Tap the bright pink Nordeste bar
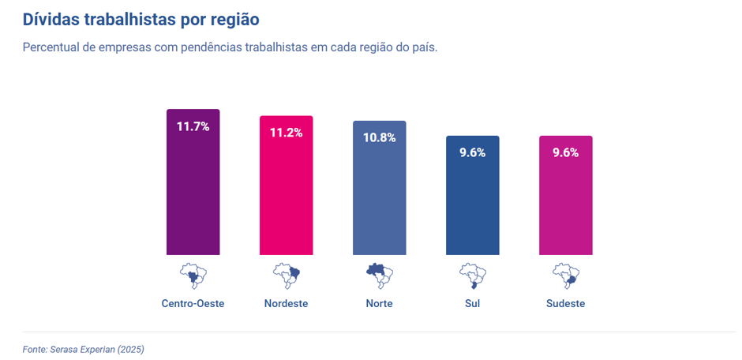pos(286,197)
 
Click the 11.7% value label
pos(193,126)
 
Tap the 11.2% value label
pos(286,133)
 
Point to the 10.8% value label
pos(379,137)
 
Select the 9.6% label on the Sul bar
pos(472,152)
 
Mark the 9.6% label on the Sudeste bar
pos(565,152)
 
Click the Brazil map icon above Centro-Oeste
pos(193,276)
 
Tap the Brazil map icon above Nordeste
pos(286,276)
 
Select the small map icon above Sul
pos(472,276)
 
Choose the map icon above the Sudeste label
pos(565,276)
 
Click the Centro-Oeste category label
pos(193,303)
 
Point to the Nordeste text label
pos(286,303)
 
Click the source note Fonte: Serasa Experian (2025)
pos(83,348)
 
